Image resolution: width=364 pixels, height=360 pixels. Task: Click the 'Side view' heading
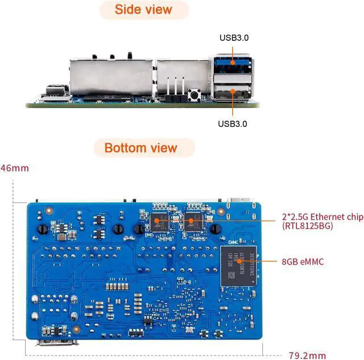coord(143,10)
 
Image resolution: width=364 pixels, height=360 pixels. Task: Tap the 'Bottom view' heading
coord(140,148)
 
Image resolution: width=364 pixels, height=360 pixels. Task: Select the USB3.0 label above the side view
coord(234,38)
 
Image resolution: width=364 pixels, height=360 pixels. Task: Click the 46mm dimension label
coord(14,168)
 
